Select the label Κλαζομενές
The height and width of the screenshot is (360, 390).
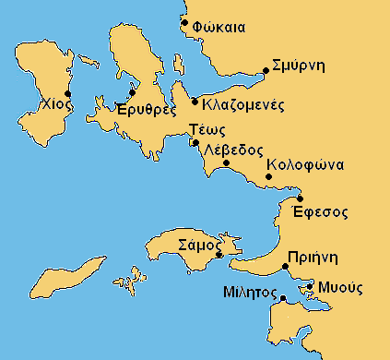242,102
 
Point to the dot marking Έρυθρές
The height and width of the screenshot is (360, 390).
133,91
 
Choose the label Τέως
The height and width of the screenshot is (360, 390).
201,129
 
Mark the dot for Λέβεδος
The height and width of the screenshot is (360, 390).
226,163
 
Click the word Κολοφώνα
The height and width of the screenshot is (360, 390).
304,166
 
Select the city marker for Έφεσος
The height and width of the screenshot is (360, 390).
300,198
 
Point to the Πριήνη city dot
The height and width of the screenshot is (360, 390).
286,268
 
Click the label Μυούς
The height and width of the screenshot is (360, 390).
340,286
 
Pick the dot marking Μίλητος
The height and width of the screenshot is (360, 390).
283,297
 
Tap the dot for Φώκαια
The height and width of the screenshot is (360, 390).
185,22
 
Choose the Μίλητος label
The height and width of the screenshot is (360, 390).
250,293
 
